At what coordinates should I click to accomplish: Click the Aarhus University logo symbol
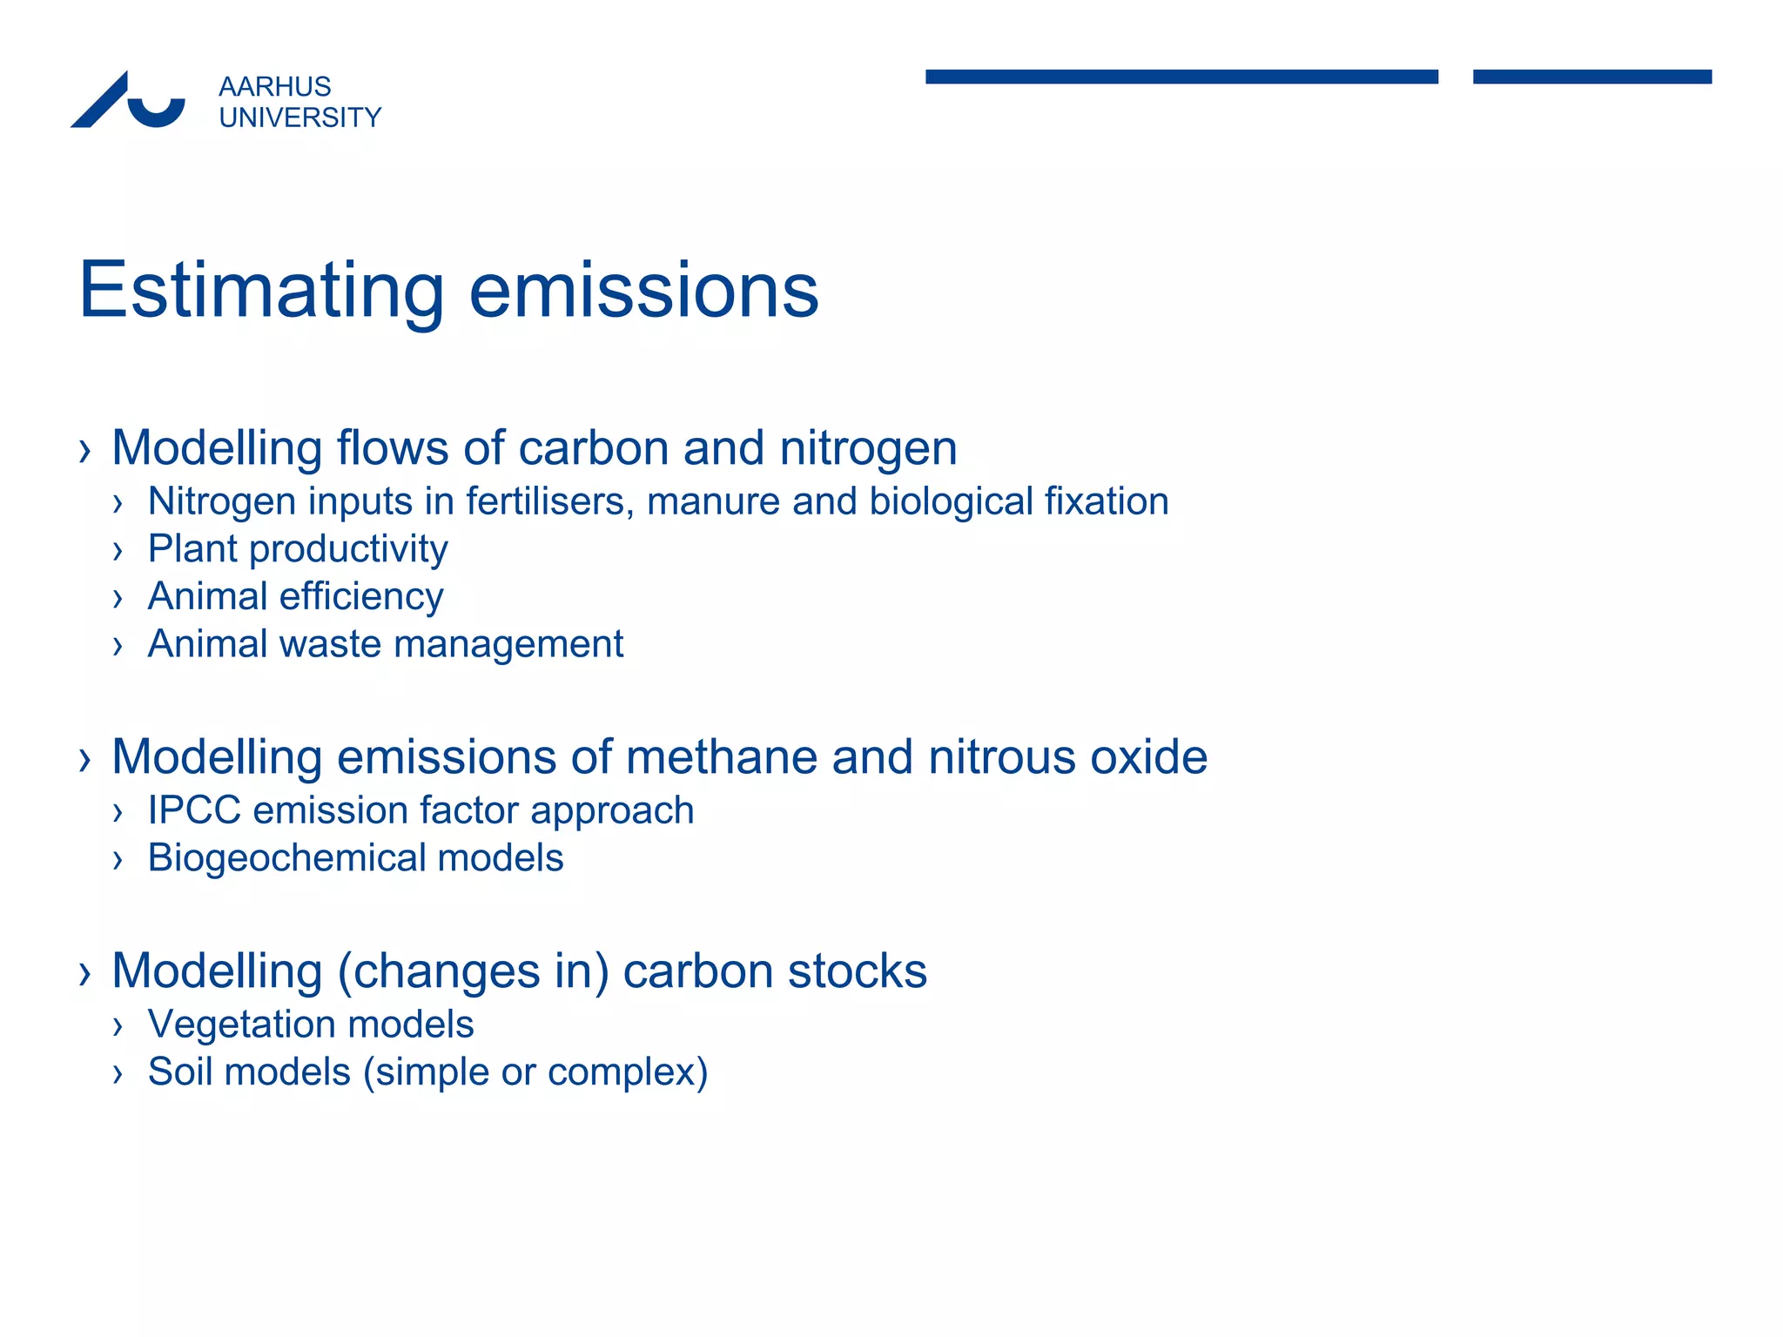tap(129, 101)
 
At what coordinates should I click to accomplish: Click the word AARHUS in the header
tap(274, 87)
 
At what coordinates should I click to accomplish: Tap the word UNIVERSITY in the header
tap(299, 118)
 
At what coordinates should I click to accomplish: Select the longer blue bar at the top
tap(1181, 77)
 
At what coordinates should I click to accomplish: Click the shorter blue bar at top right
tap(1591, 77)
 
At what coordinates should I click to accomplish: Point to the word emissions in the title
tap(643, 292)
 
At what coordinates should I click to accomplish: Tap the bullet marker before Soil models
tap(118, 1074)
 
